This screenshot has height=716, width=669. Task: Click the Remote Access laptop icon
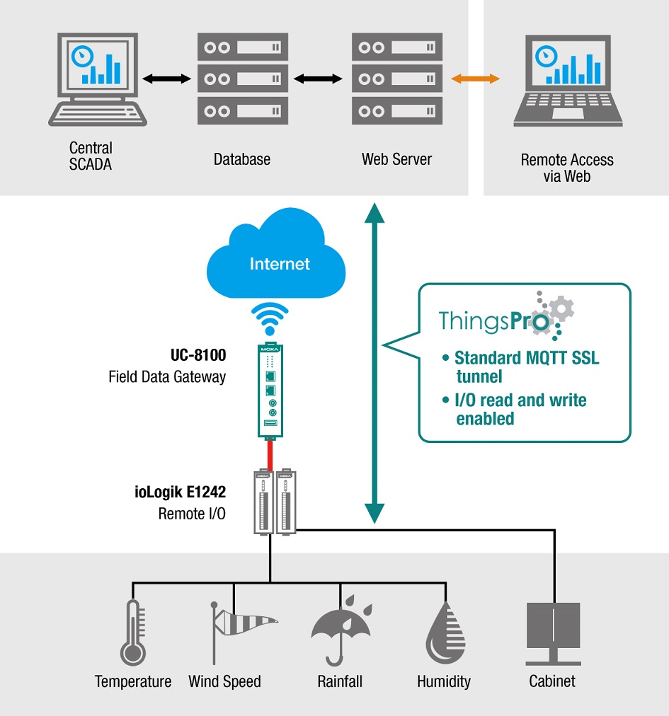click(568, 81)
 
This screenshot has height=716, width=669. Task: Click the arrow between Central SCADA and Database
click(167, 79)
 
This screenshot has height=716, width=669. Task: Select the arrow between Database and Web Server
click(320, 79)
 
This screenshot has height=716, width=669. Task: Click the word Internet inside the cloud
click(280, 264)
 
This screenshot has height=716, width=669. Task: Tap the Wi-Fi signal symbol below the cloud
click(270, 319)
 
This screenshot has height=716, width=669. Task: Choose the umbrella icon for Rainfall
click(341, 626)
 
